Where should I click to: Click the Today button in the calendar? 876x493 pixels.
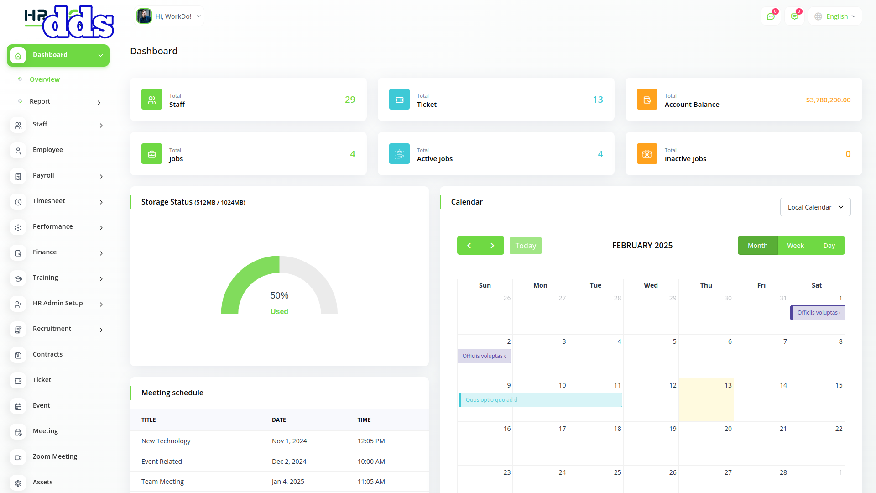(x=525, y=246)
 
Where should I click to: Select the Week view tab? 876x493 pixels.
(x=795, y=246)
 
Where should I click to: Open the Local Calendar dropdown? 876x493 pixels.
(x=815, y=207)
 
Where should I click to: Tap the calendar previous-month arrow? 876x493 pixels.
(x=469, y=246)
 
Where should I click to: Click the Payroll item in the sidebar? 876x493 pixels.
(x=43, y=175)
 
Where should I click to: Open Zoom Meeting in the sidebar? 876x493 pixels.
(x=55, y=456)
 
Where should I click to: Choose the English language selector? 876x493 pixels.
(x=835, y=16)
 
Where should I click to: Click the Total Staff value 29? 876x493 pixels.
(x=350, y=100)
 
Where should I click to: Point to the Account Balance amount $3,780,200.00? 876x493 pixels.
(x=828, y=100)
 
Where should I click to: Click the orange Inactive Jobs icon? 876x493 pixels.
(x=647, y=154)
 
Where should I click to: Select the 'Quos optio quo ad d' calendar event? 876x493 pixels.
(x=540, y=400)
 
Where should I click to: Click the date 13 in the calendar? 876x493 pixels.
(x=728, y=385)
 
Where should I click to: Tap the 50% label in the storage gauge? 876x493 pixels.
(x=279, y=295)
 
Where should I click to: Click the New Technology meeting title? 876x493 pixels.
(x=166, y=441)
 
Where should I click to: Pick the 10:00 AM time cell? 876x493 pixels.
(x=371, y=462)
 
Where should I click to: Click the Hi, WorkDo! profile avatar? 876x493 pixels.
(x=144, y=16)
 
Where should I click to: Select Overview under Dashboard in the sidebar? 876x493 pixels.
(x=45, y=79)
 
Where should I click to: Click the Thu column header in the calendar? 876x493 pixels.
(x=706, y=285)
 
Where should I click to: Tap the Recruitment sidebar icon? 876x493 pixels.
(x=18, y=330)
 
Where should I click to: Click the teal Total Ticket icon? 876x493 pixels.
(x=399, y=100)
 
